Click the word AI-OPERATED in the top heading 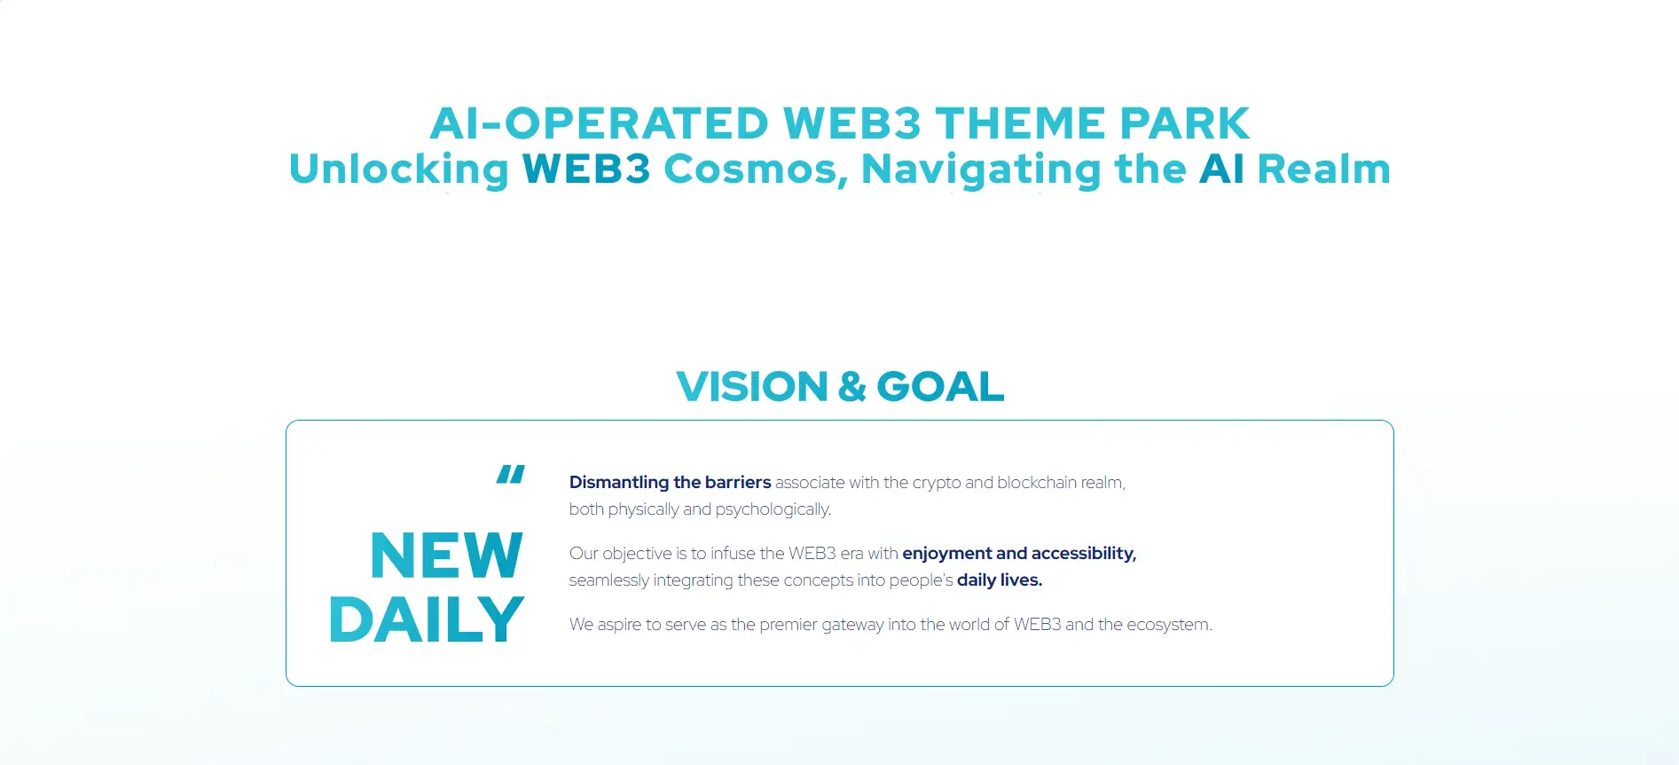pyautogui.click(x=600, y=123)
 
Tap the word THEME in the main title pyautogui.click(x=1020, y=123)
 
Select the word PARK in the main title pyautogui.click(x=1184, y=123)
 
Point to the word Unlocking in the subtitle pyautogui.click(x=399, y=170)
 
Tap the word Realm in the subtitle pyautogui.click(x=1324, y=169)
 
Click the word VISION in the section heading pyautogui.click(x=752, y=387)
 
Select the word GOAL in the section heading pyautogui.click(x=940, y=387)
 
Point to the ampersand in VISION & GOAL pyautogui.click(x=851, y=387)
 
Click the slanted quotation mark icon pyautogui.click(x=510, y=474)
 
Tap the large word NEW pyautogui.click(x=446, y=556)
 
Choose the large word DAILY pyautogui.click(x=427, y=619)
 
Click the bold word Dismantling pyautogui.click(x=619, y=483)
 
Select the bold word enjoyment pyautogui.click(x=947, y=554)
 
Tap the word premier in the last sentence pyautogui.click(x=789, y=625)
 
